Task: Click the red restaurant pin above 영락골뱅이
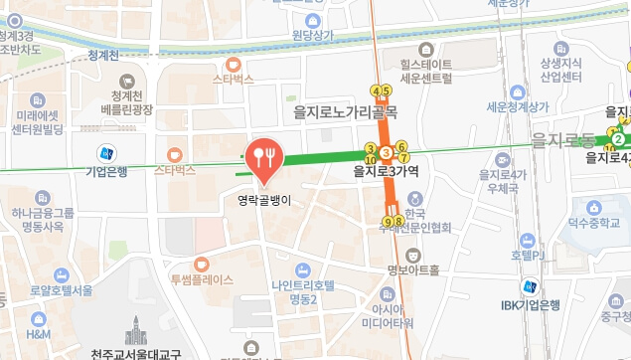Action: tap(264, 157)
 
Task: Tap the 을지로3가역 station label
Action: tap(387, 171)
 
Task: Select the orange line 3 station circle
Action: tap(386, 151)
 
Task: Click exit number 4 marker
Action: tap(376, 90)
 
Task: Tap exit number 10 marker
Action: tap(371, 158)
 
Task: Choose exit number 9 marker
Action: tap(388, 221)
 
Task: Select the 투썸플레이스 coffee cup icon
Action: tap(201, 264)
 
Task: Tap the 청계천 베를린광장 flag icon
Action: tap(126, 82)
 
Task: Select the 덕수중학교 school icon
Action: tap(596, 209)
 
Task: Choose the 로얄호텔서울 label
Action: tap(62, 290)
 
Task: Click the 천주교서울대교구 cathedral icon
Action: tap(135, 330)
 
